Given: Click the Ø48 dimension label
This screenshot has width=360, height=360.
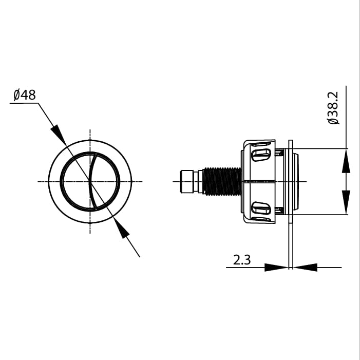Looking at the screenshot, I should [25, 95].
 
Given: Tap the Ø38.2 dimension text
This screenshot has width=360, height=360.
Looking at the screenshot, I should [333, 108].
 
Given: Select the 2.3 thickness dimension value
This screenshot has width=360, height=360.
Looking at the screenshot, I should [242, 260].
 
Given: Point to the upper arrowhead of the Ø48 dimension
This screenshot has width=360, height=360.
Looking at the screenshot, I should [60, 135].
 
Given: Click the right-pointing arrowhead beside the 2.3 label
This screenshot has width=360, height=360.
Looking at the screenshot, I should [276, 267].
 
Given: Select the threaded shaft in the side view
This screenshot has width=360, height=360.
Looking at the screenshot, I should [222, 181].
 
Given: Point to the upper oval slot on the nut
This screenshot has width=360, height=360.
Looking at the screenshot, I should [261, 153].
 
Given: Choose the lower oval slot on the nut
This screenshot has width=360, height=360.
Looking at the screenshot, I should [261, 209].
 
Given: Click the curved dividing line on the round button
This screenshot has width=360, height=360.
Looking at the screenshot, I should [90, 181].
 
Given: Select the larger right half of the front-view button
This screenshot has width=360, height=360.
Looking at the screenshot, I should [105, 181].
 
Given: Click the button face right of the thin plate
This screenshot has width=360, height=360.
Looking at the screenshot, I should [296, 181].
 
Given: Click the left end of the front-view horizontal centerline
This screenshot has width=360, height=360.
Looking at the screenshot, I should [39, 181].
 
